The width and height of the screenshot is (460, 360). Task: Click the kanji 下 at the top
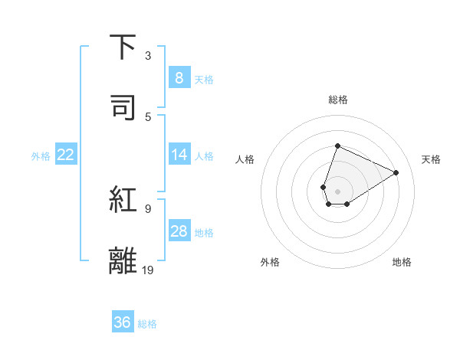point(123,47)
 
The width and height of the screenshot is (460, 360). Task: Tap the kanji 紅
point(123,200)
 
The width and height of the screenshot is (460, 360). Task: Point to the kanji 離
point(123,260)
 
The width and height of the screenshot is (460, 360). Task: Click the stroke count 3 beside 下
point(148,56)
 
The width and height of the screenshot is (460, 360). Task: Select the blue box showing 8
point(179,78)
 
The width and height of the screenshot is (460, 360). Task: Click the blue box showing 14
point(179,155)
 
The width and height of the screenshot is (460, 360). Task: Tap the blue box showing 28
point(179,231)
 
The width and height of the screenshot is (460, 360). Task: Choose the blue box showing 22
point(65,155)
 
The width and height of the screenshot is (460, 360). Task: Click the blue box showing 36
point(122,322)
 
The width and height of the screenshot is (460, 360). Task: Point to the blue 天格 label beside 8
point(203,80)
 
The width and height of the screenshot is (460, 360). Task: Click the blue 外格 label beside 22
point(41,156)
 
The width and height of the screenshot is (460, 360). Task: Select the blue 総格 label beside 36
point(147,324)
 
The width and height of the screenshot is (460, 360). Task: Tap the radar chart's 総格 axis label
point(337,100)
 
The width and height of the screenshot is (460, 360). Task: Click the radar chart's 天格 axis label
point(431,159)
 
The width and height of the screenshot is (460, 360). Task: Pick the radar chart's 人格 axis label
point(245,159)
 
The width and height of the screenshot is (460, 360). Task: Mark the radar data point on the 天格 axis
point(396,172)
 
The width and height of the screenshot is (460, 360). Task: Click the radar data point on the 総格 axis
point(337,146)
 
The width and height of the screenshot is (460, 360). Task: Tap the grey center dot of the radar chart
point(337,191)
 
